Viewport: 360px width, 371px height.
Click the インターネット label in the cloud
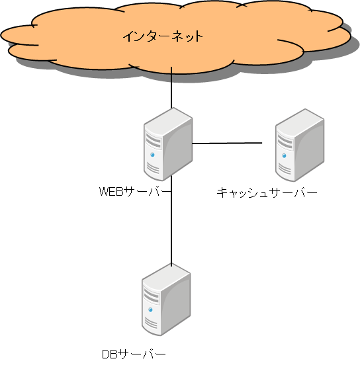click(163, 36)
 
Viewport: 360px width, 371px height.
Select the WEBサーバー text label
click(134, 191)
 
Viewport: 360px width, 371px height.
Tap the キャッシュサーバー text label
click(267, 192)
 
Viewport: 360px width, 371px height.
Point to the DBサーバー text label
click(134, 354)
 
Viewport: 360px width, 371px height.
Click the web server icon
click(168, 144)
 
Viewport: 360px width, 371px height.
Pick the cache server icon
click(300, 145)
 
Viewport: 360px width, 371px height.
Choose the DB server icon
click(166, 300)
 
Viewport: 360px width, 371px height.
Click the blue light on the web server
click(152, 155)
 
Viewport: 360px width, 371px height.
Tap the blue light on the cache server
click(284, 155)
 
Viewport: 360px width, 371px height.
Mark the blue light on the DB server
click(150, 310)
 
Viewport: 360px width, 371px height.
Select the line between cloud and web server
click(171, 87)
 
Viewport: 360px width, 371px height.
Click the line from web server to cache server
click(227, 143)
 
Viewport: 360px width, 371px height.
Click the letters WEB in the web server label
click(112, 191)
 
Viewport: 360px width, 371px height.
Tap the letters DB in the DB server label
click(110, 354)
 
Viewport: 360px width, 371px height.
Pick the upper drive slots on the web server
click(154, 140)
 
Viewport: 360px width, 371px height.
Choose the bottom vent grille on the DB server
click(150, 323)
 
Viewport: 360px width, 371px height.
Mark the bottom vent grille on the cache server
click(284, 169)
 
